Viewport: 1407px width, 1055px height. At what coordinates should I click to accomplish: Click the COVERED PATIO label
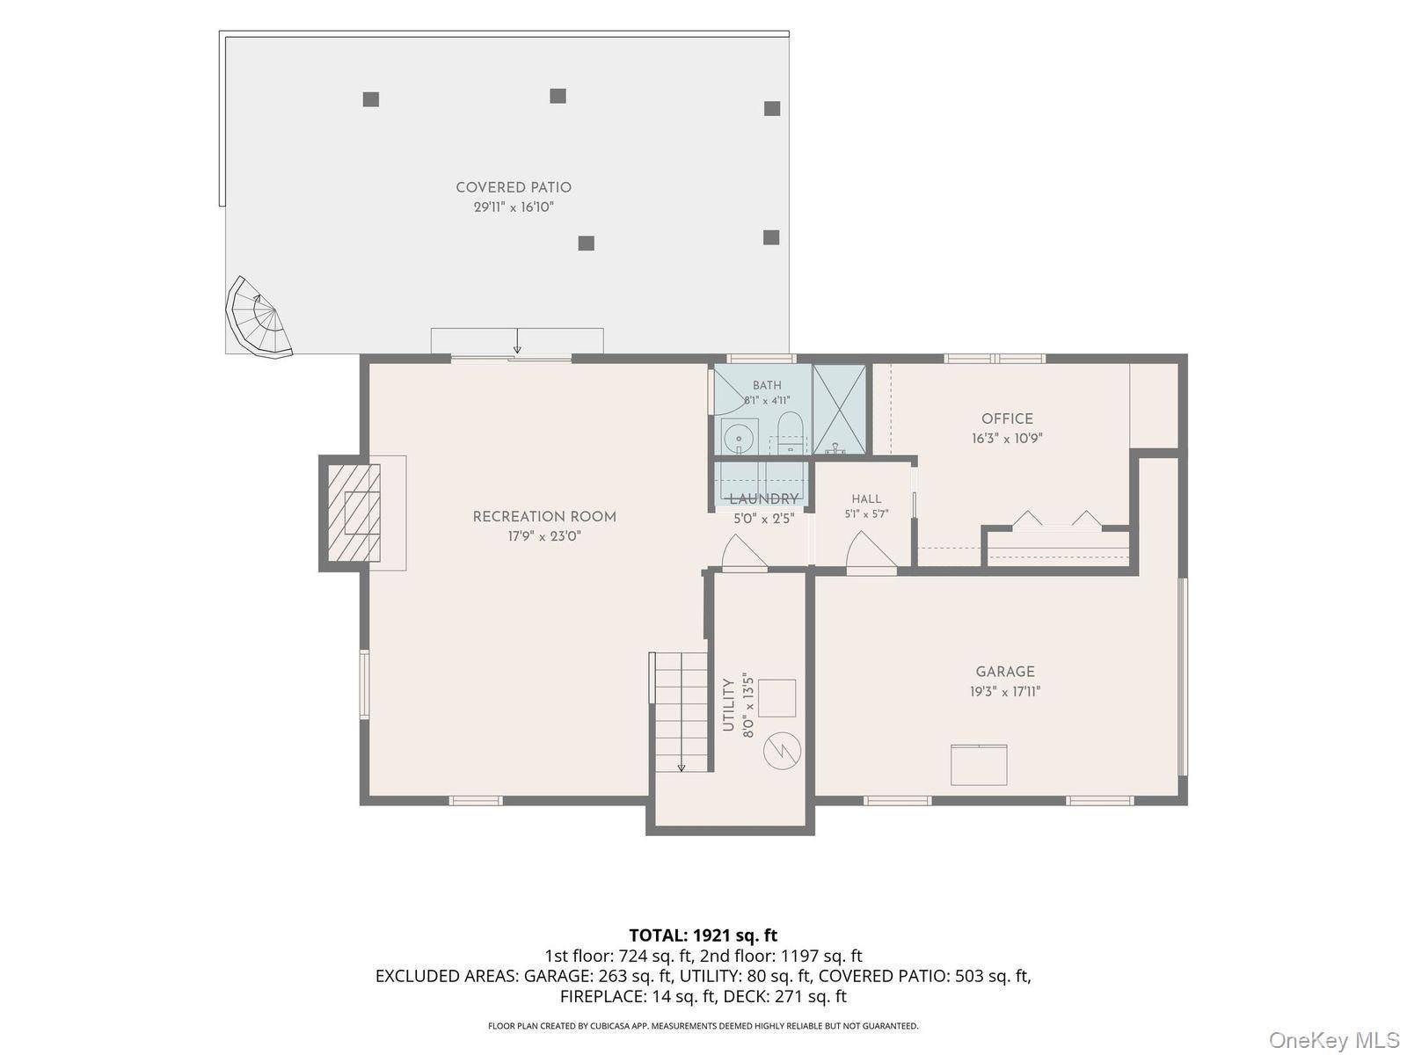tap(514, 187)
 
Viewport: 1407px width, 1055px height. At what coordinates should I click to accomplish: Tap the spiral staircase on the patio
tap(258, 318)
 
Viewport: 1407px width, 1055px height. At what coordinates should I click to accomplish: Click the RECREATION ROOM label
tap(544, 517)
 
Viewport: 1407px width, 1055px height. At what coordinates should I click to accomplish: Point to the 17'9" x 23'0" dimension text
tap(544, 536)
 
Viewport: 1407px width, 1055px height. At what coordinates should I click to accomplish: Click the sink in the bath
tap(740, 437)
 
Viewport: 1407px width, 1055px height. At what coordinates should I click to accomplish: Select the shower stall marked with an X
tap(840, 410)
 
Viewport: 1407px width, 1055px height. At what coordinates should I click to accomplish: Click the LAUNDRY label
tap(764, 499)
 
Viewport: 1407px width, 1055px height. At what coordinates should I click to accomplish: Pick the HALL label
tap(867, 498)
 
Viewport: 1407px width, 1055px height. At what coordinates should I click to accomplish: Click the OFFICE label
tap(1007, 419)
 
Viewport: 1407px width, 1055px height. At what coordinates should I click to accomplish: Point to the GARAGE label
tap(1005, 672)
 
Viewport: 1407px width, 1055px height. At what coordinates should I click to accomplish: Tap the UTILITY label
tap(728, 705)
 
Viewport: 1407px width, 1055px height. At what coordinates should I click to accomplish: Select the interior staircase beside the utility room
tap(680, 712)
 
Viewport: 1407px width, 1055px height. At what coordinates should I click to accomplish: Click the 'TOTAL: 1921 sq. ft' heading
tap(703, 935)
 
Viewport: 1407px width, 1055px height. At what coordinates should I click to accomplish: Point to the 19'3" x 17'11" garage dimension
tap(1005, 692)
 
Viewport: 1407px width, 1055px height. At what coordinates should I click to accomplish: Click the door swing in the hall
tap(871, 550)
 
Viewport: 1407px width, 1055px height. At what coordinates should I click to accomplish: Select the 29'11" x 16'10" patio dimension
tap(514, 207)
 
